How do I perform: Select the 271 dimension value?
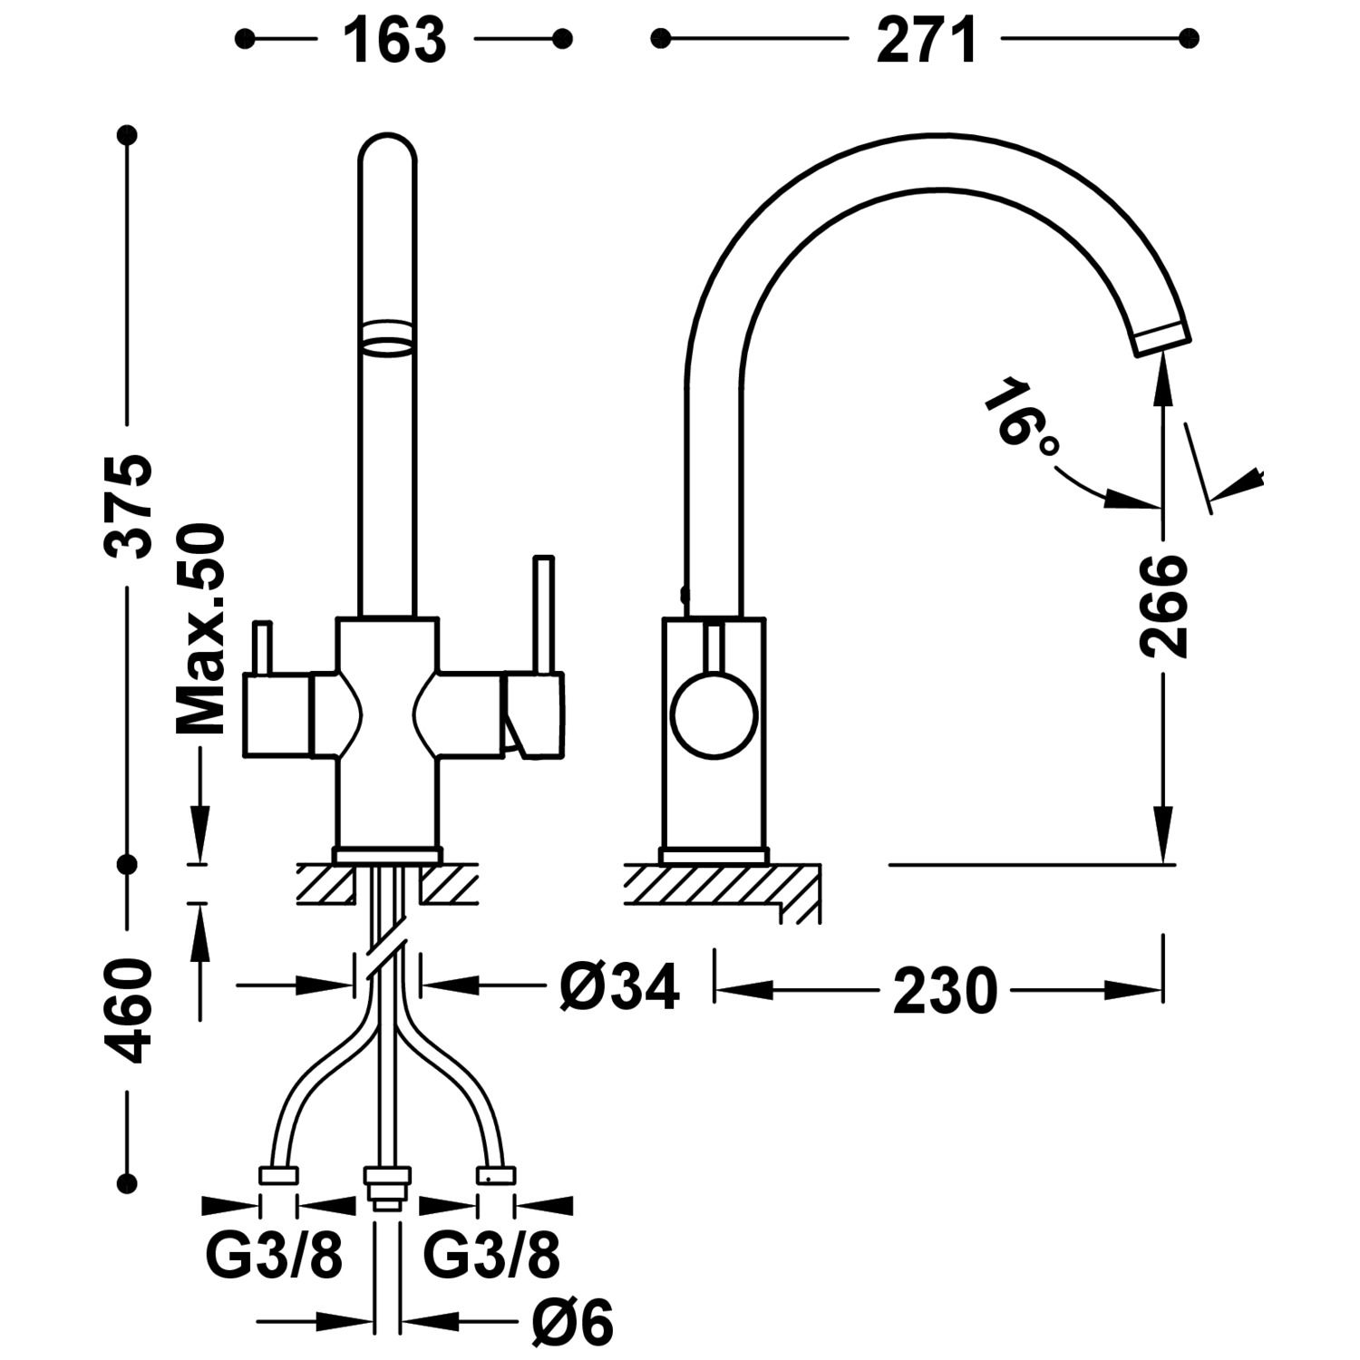[927, 40]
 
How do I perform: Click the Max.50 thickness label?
[200, 629]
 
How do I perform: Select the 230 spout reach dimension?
[945, 991]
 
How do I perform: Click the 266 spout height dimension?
[1163, 606]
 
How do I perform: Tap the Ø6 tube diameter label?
[573, 1324]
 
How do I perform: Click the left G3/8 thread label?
[275, 1256]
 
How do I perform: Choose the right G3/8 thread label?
[491, 1256]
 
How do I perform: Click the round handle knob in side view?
[714, 716]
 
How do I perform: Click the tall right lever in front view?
[543, 617]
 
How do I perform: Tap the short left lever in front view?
[261, 648]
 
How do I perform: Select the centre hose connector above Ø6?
[387, 1188]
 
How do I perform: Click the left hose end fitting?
[277, 1176]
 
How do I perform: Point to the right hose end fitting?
[495, 1176]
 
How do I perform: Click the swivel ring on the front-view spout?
[389, 335]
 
